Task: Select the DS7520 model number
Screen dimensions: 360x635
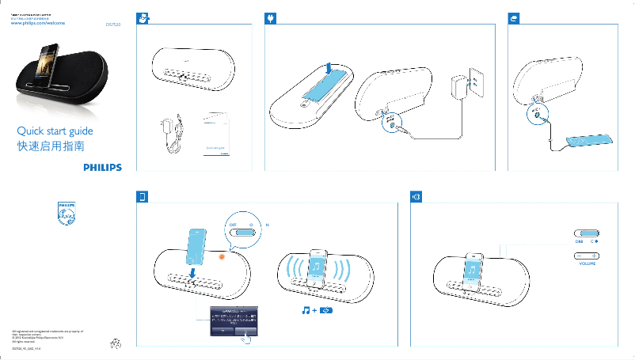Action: pyautogui.click(x=113, y=25)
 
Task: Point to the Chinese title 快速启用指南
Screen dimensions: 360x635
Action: pyautogui.click(x=51, y=146)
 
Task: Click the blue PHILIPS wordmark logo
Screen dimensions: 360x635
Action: pyautogui.click(x=103, y=167)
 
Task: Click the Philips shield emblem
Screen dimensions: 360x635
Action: pyautogui.click(x=67, y=213)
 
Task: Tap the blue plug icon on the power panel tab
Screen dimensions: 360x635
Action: pyautogui.click(x=272, y=17)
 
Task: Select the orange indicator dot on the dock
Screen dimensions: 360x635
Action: pyautogui.click(x=222, y=256)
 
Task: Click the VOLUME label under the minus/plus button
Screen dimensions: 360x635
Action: pyautogui.click(x=587, y=263)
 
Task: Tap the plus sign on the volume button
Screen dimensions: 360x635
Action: pyautogui.click(x=593, y=256)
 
